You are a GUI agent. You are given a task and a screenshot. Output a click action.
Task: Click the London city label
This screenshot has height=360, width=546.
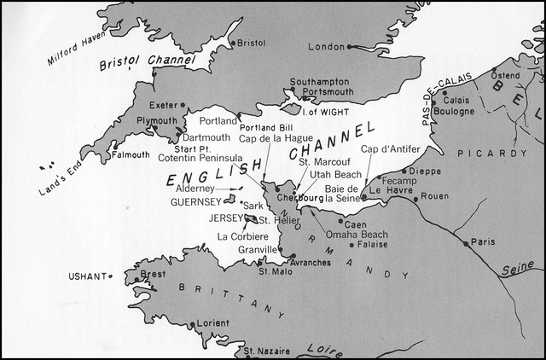pyautogui.click(x=325, y=46)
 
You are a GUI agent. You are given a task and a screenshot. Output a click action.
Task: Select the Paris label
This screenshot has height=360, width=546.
pyautogui.click(x=484, y=241)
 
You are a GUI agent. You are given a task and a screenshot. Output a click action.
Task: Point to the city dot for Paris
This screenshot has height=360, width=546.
pyautogui.click(x=466, y=243)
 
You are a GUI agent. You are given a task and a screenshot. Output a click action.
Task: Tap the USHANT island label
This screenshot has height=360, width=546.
pyautogui.click(x=86, y=276)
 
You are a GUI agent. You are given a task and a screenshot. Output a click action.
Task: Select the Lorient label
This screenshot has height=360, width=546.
pyautogui.click(x=212, y=323)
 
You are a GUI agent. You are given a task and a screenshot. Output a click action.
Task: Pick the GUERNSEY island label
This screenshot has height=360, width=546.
pyautogui.click(x=196, y=202)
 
